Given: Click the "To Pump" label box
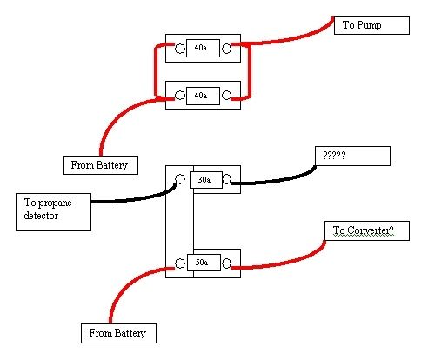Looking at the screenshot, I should point(371,25).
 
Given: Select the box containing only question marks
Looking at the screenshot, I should point(352,156).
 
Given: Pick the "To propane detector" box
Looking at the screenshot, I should point(53,213).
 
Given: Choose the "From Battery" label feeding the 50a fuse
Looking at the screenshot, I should point(118,333).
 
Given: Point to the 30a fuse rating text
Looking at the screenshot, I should point(204,180).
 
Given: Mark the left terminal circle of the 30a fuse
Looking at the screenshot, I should point(180,180).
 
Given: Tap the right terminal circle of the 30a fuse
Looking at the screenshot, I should point(227,180).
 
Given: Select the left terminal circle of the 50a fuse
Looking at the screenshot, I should point(180,262).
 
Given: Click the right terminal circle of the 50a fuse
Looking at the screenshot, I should point(227,262).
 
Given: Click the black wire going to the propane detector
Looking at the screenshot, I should point(130,200).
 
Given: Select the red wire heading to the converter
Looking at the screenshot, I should point(278,263).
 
